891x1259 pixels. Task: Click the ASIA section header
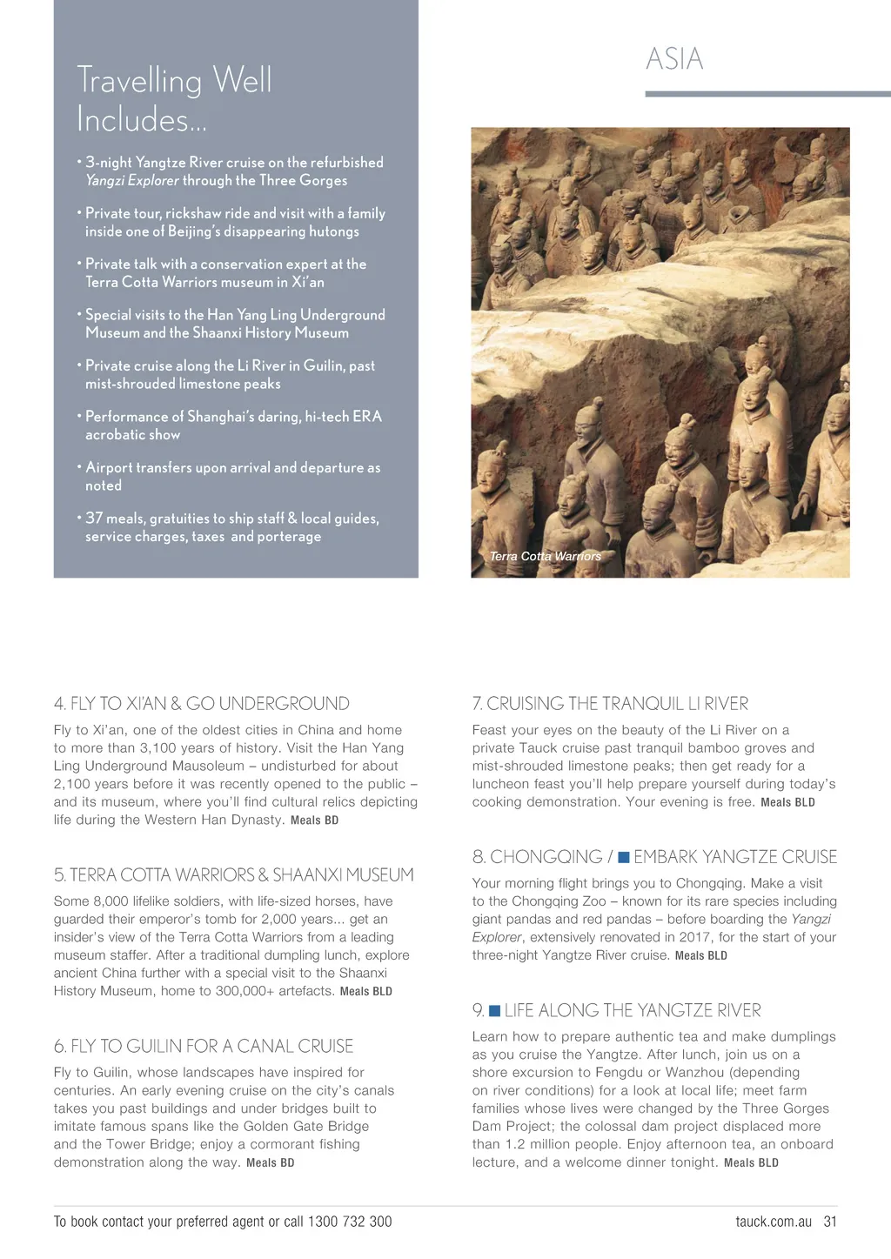(x=674, y=59)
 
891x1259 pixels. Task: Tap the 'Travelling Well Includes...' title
(x=174, y=99)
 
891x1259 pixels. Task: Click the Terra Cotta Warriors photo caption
(x=546, y=557)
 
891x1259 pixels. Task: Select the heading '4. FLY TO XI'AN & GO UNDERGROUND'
(x=201, y=704)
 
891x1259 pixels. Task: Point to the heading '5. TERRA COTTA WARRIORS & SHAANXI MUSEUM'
(x=233, y=875)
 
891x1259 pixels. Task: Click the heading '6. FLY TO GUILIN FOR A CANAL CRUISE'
(x=204, y=1047)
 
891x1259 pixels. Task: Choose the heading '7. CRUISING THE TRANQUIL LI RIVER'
(x=610, y=704)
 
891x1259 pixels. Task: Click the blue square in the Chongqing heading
(x=624, y=858)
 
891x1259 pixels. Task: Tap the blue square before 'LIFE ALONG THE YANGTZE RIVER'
(x=494, y=1011)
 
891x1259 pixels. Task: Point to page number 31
(x=830, y=1222)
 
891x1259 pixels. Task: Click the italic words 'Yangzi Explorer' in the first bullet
(x=132, y=181)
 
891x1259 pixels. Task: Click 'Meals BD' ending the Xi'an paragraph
(x=314, y=820)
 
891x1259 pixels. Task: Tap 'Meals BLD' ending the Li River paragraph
(x=787, y=802)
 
